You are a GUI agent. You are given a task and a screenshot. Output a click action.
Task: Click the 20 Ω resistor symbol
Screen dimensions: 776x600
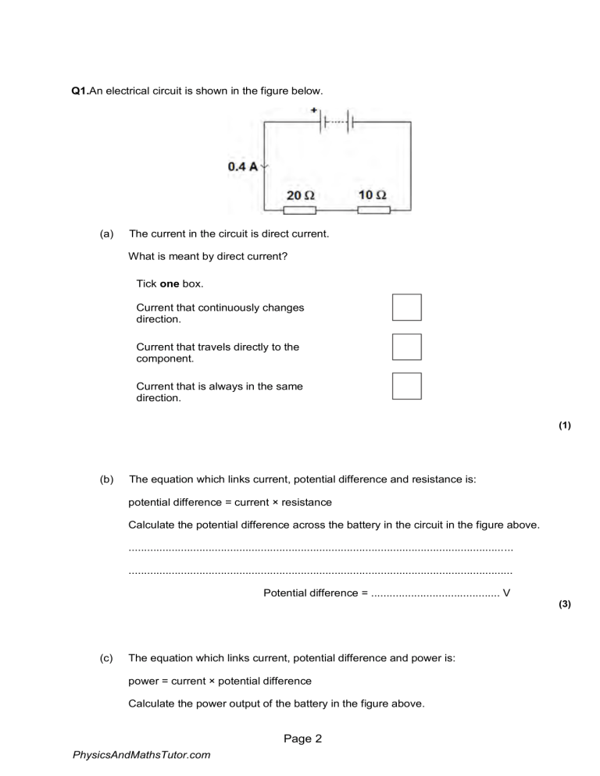(x=300, y=210)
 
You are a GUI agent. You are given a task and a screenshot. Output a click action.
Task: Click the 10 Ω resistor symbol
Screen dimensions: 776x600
(x=373, y=210)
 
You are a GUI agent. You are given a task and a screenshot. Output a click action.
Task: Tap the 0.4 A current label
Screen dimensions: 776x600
(x=242, y=166)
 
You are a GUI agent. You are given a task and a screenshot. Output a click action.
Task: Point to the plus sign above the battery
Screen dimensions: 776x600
(x=314, y=111)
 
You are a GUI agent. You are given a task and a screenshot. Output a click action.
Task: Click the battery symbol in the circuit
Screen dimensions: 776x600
(x=337, y=123)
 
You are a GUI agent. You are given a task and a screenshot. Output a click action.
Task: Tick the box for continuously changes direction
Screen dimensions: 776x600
(x=406, y=308)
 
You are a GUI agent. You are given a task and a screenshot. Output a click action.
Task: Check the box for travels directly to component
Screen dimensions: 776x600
(x=406, y=347)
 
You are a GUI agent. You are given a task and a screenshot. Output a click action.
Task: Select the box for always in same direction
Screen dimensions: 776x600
(x=406, y=386)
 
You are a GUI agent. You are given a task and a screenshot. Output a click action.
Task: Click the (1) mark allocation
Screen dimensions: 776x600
(x=565, y=425)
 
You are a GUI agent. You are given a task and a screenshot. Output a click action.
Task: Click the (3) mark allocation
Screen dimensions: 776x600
(x=565, y=604)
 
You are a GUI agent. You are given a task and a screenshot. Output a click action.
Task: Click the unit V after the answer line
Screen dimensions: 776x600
(x=507, y=593)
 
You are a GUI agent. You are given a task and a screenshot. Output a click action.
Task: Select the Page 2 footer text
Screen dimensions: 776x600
(x=302, y=739)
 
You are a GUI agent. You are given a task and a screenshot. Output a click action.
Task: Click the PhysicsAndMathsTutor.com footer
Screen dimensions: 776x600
(x=141, y=755)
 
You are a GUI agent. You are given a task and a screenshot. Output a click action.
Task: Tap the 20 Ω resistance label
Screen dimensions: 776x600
(x=300, y=194)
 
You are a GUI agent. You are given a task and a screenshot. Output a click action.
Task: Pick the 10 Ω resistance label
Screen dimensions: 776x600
(x=372, y=194)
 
